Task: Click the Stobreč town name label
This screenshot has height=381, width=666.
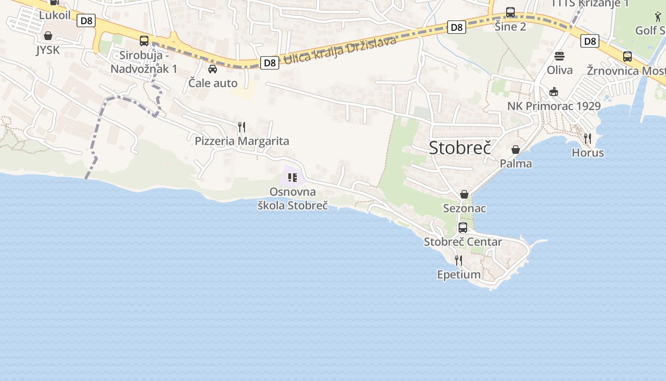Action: click(x=460, y=148)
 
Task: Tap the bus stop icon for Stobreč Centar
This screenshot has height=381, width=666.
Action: click(x=463, y=228)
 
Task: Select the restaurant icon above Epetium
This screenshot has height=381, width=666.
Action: click(x=459, y=260)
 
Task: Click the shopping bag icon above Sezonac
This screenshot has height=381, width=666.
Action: click(x=464, y=194)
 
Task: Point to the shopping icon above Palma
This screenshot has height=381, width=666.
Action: click(x=516, y=150)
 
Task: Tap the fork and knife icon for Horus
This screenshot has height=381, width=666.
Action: click(x=588, y=139)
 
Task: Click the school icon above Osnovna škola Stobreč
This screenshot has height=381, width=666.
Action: click(x=293, y=178)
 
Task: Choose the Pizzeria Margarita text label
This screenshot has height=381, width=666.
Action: click(x=242, y=141)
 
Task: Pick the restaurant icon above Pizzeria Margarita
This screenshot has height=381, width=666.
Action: click(x=242, y=127)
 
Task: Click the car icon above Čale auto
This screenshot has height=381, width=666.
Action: click(x=213, y=69)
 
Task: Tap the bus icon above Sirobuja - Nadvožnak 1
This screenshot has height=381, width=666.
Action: click(x=144, y=41)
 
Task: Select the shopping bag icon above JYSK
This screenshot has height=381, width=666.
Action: click(x=48, y=36)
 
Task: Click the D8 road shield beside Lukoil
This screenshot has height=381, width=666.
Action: click(x=87, y=20)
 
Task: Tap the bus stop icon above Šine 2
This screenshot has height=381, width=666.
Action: click(x=510, y=12)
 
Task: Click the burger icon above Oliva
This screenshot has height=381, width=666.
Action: click(x=559, y=56)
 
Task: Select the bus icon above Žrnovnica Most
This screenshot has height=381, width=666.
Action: click(x=627, y=57)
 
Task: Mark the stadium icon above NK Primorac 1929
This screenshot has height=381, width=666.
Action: click(x=554, y=91)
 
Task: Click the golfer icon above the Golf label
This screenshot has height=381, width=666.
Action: click(x=658, y=17)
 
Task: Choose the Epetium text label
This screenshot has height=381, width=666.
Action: click(x=459, y=274)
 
